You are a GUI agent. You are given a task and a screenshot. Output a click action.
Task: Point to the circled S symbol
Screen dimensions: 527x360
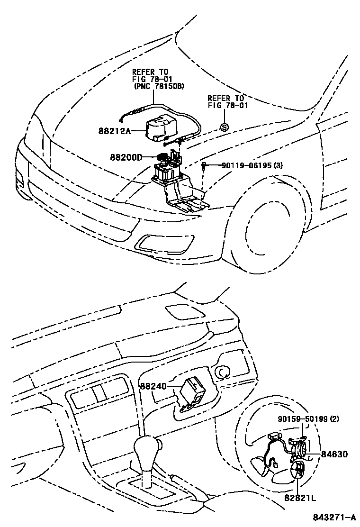pyautogui.click(x=225, y=127)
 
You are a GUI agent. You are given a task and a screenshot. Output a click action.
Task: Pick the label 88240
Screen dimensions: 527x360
pyautogui.click(x=153, y=386)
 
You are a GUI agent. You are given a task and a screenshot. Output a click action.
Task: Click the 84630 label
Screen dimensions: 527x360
pyautogui.click(x=334, y=454)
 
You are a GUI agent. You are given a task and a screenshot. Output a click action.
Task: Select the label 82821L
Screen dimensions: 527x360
pyautogui.click(x=300, y=498)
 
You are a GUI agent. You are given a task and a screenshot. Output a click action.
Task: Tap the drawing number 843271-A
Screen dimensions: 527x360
pyautogui.click(x=334, y=518)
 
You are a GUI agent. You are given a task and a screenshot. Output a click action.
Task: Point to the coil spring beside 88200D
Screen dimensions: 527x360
pyautogui.click(x=162, y=157)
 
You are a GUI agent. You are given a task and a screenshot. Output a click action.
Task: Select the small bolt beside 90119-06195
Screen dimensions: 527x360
pyautogui.click(x=203, y=165)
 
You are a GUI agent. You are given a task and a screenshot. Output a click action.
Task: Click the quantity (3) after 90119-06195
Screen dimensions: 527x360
pyautogui.click(x=279, y=165)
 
